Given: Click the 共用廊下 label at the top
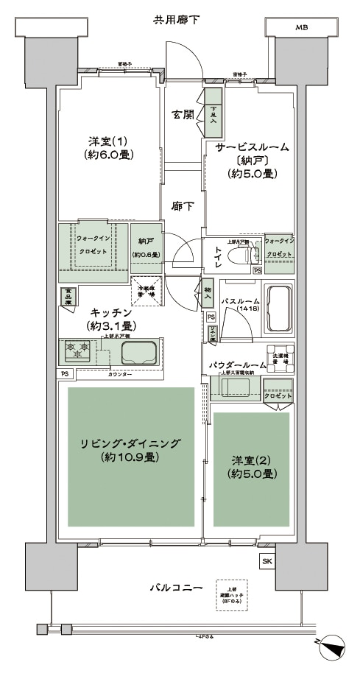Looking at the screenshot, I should pyautogui.click(x=176, y=18).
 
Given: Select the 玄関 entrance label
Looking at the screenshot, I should pyautogui.click(x=183, y=114).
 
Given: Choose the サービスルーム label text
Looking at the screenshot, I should pyautogui.click(x=251, y=147).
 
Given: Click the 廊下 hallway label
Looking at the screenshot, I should pyautogui.click(x=183, y=206).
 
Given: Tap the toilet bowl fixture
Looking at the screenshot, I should pyautogui.click(x=241, y=256).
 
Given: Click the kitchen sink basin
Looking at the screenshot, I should pyautogui.click(x=138, y=352).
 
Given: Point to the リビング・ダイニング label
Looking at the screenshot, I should pyautogui.click(x=131, y=449).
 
